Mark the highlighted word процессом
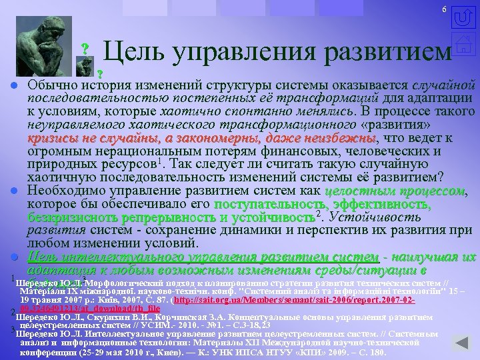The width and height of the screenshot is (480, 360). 430,191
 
